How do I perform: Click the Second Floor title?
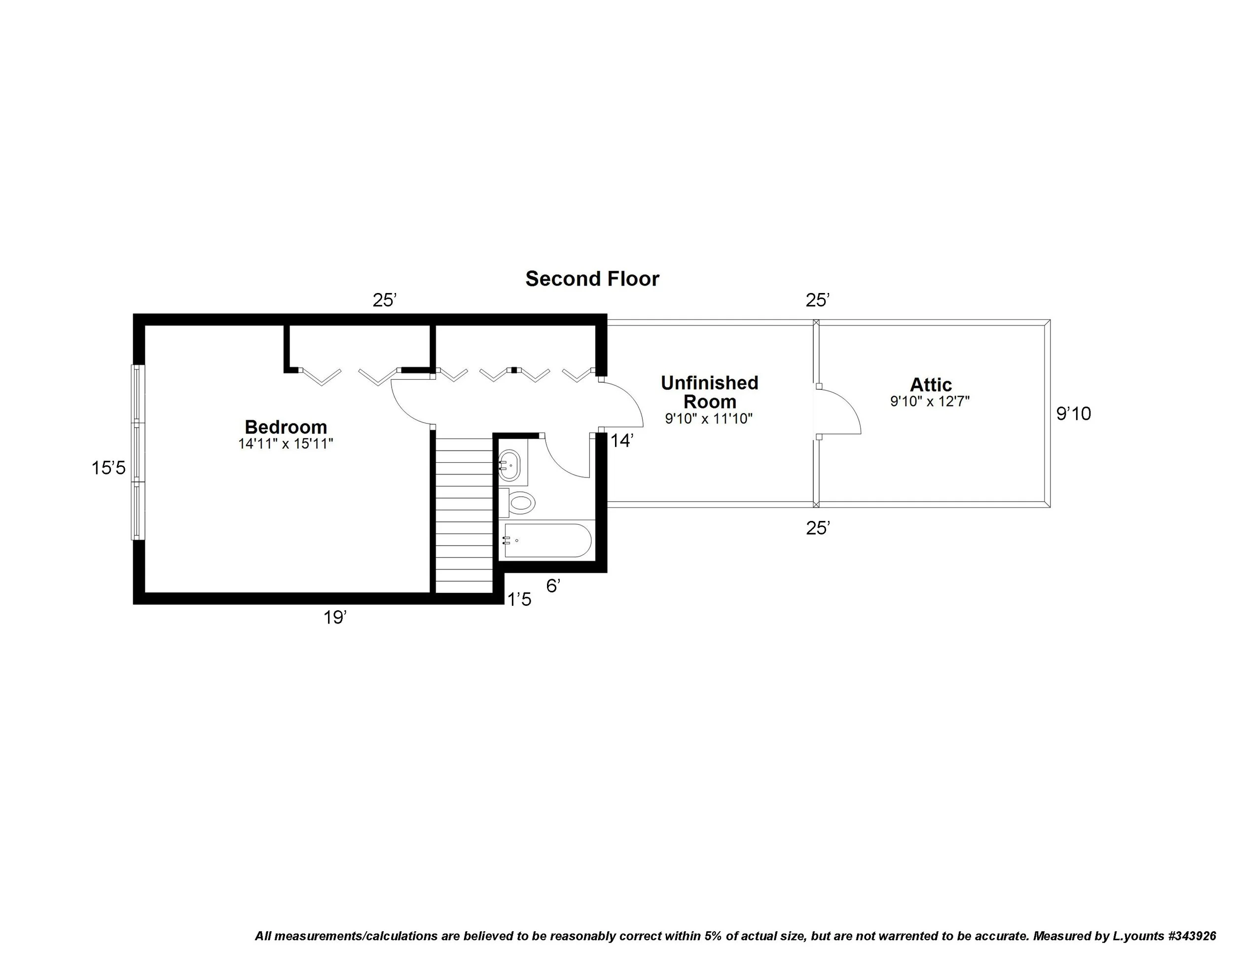coord(592,279)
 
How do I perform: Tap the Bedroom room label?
coord(286,426)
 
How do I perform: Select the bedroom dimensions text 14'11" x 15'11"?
coord(286,444)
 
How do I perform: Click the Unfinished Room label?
coord(709,392)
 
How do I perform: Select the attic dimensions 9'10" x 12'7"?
coord(930,402)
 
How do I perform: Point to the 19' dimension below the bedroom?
coord(334,618)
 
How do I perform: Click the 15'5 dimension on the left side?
coord(109,468)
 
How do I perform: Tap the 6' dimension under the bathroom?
coord(553,586)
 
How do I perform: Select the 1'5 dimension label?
coord(519,600)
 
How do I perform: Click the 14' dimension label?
coord(622,440)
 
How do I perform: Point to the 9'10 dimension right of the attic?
coord(1073,414)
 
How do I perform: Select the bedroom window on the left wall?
coord(138,452)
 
